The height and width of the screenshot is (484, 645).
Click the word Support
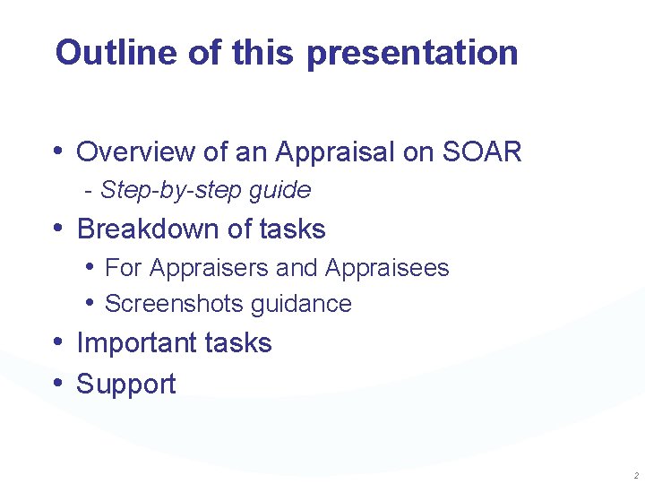[126, 385]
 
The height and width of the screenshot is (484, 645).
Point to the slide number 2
[635, 475]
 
